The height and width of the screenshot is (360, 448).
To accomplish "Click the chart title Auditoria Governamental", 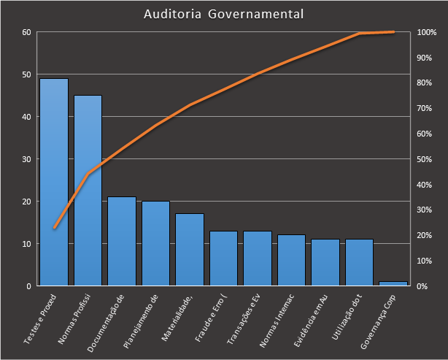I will [x=224, y=15].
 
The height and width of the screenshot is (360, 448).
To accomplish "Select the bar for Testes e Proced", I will [x=54, y=183].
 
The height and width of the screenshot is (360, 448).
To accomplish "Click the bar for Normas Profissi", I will [x=88, y=191].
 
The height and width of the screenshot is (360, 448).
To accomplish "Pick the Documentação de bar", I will [x=122, y=241].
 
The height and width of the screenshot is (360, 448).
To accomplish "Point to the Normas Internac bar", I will [x=291, y=260].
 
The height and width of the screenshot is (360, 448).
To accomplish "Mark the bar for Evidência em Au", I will [x=325, y=262].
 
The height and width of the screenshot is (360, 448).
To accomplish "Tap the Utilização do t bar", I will [x=359, y=262].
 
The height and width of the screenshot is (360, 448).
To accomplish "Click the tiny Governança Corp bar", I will [x=393, y=283].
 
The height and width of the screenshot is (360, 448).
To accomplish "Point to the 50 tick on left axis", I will [x=26, y=74].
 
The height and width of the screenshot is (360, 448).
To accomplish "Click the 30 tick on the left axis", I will [x=26, y=159].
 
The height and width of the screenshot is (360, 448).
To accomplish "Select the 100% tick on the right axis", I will [x=427, y=33].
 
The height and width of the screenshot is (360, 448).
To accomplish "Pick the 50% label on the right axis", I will [x=425, y=159].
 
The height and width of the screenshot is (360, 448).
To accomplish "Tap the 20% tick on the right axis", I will [x=425, y=235].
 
